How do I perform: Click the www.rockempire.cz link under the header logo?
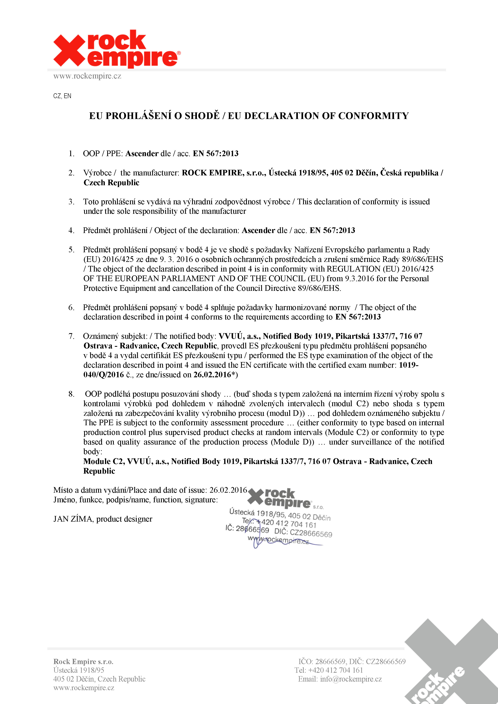pyautogui.click(x=87, y=76)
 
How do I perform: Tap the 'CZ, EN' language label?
pyautogui.click(x=62, y=96)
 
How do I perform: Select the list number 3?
pyautogui.click(x=71, y=202)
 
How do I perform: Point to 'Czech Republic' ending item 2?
pyautogui.click(x=111, y=183)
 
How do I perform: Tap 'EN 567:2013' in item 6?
pyautogui.click(x=358, y=317)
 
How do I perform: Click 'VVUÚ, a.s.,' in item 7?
pyautogui.click(x=239, y=336)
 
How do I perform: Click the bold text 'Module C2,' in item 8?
pyautogui.click(x=104, y=461)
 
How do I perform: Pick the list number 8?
pyautogui.click(x=71, y=394)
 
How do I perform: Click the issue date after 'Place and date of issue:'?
pyautogui.click(x=228, y=490)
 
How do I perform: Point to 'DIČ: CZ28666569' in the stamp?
pyautogui.click(x=303, y=533)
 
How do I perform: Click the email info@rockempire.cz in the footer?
pyautogui.click(x=351, y=679)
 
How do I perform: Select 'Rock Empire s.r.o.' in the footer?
pyautogui.click(x=83, y=662)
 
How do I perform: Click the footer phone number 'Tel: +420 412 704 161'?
pyautogui.click(x=329, y=670)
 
